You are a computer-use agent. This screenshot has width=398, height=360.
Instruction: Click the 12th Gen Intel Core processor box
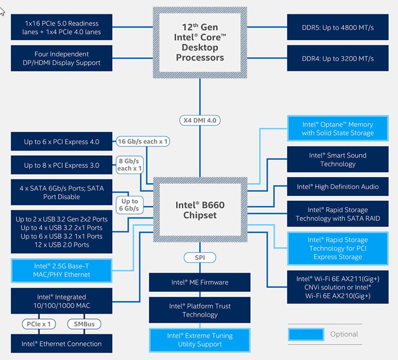[200, 42]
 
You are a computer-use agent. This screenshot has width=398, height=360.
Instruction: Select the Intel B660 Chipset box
[200, 209]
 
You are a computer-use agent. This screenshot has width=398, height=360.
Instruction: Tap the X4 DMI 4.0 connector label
[200, 120]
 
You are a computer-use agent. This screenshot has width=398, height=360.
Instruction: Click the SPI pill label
[200, 258]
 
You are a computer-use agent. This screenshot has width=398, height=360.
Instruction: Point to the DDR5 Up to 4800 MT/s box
[338, 27]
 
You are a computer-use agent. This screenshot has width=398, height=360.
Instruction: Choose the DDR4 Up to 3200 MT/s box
[338, 58]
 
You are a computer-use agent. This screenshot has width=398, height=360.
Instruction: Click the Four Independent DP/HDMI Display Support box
[62, 58]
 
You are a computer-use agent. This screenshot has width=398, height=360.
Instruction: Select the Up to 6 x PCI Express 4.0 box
[62, 141]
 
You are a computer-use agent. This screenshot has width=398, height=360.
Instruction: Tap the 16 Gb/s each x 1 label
[143, 141]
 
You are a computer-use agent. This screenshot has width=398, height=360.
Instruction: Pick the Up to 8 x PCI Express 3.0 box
[62, 165]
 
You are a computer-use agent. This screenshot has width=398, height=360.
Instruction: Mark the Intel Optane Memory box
[338, 128]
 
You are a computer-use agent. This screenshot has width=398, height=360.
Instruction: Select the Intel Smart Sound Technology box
[338, 159]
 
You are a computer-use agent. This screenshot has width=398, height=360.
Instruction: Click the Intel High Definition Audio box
[338, 186]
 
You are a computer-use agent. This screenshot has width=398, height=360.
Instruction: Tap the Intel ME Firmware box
[200, 282]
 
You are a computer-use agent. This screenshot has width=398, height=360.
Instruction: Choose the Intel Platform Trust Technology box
[200, 310]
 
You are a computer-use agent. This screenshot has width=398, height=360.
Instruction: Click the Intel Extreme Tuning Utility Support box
[200, 340]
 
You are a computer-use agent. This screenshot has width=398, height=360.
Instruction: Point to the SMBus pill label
[84, 324]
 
